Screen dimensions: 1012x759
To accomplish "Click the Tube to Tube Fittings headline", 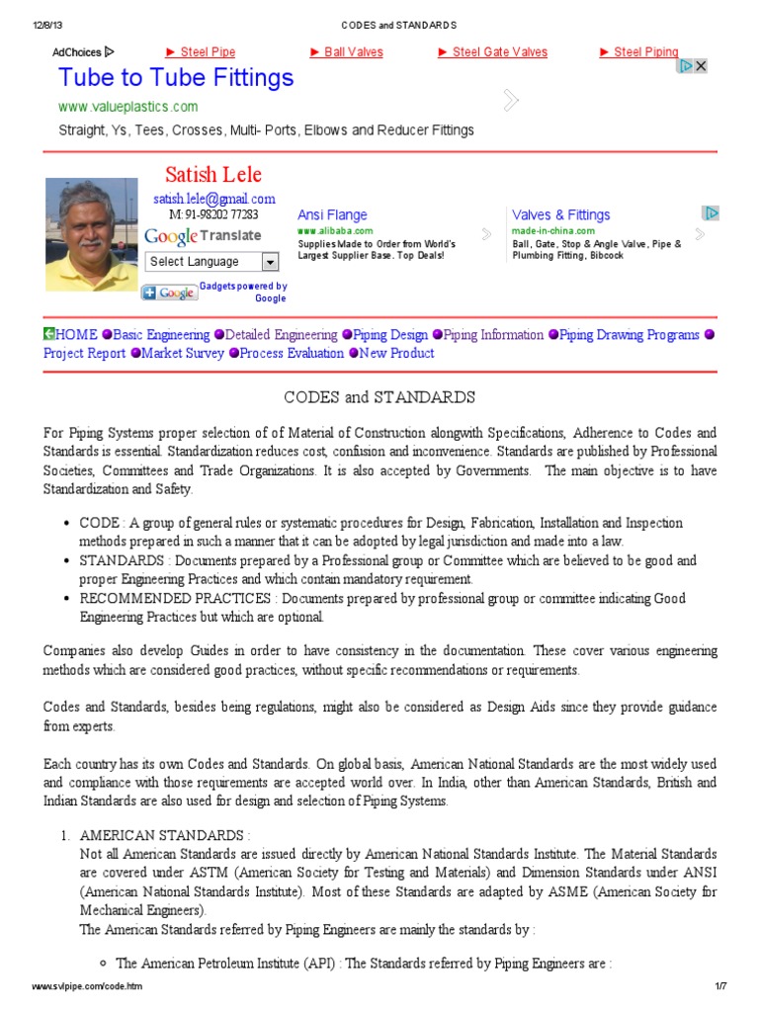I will pos(176,78).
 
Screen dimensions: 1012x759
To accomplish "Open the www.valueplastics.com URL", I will pos(127,107).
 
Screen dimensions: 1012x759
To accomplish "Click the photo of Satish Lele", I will pos(92,235).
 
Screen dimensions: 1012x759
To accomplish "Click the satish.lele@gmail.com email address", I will pos(213,199).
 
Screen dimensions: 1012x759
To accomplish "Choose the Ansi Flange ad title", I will pos(332,214).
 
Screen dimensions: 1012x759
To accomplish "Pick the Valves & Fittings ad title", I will pos(560,214).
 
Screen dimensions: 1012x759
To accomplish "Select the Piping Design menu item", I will pos(390,335).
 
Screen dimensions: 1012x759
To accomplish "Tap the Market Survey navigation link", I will pos(183,353).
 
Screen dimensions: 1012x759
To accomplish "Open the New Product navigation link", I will pos(396,353).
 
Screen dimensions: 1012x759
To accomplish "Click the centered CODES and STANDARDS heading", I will pos(379,397).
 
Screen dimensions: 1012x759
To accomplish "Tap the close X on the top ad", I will pos(700,66).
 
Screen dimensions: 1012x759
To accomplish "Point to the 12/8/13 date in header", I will pos(48,25).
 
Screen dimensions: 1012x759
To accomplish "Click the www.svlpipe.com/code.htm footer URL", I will pos(87,987).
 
